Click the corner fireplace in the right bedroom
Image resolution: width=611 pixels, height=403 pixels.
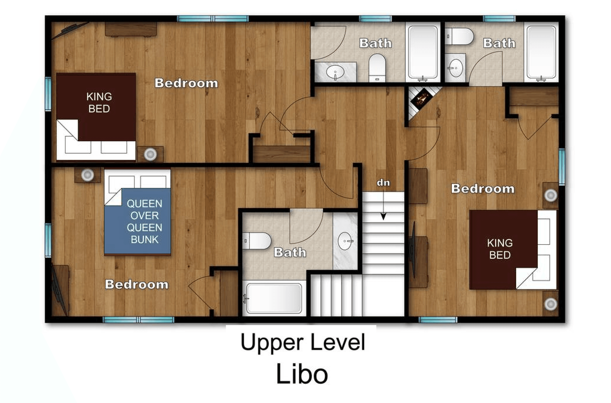[x=421, y=101]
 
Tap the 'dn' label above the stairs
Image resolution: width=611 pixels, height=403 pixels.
[x=383, y=183]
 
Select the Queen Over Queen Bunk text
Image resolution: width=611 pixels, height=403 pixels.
[x=145, y=221]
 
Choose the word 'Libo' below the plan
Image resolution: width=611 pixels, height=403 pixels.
[x=302, y=374]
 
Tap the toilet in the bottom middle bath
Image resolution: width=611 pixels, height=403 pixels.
[x=257, y=241]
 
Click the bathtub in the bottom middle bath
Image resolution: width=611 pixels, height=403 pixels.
[x=274, y=298]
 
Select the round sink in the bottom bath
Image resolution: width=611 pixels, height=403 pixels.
[x=345, y=241]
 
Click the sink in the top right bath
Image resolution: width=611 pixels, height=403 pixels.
[x=455, y=68]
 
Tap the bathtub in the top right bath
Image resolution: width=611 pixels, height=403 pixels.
[x=541, y=53]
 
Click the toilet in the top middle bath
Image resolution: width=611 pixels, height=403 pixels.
[x=377, y=67]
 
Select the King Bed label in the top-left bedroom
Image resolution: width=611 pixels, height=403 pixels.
[x=99, y=103]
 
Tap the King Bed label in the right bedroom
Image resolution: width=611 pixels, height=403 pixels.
[x=500, y=249]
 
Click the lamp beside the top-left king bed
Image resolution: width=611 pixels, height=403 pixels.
[x=150, y=154]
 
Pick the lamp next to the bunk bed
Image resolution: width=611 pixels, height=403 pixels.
[x=87, y=175]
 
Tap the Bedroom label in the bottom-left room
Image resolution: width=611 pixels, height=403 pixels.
[x=137, y=284]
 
